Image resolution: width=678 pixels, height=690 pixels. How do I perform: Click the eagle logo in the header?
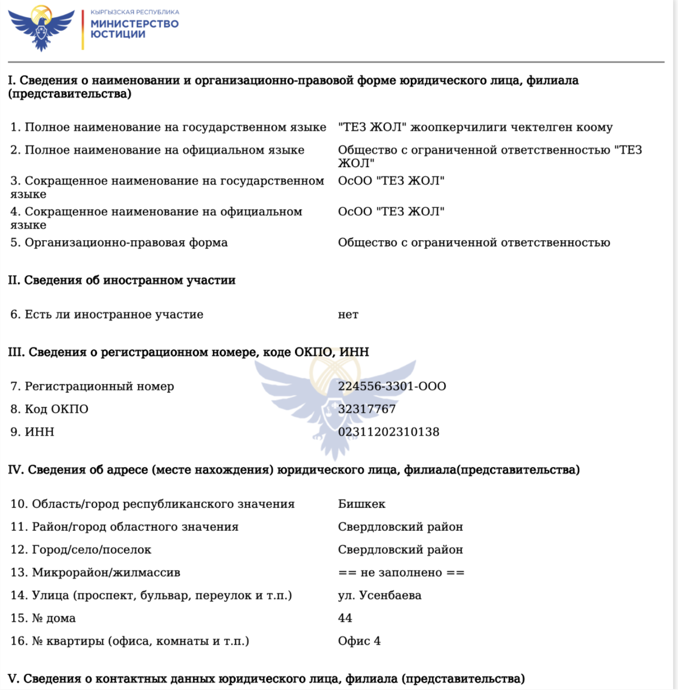coord(41,27)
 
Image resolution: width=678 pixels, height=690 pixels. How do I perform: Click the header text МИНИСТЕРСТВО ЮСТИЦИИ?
coord(135,29)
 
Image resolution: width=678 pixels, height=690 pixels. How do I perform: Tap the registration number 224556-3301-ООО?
coord(392,386)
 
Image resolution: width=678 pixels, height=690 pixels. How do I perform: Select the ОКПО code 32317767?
coord(366,409)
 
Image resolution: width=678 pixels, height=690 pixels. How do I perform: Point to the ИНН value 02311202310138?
coord(388,432)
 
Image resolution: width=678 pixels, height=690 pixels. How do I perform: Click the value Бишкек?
coord(361,504)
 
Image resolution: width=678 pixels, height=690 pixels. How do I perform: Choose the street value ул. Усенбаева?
coord(379,595)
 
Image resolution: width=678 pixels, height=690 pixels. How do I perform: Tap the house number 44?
coord(345,618)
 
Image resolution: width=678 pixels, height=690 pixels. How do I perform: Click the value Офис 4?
coord(359,641)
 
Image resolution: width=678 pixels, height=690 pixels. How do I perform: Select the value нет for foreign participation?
coord(348,314)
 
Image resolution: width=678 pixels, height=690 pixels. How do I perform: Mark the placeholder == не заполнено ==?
coord(401,572)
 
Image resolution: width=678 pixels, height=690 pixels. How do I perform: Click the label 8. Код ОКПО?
coord(49,409)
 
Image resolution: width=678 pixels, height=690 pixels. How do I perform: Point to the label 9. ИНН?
coord(32,432)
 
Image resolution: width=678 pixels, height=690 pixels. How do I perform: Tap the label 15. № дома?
coord(43,618)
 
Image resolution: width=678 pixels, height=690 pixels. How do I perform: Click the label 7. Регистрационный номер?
coord(92,386)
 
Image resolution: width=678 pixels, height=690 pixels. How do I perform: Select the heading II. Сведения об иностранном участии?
coord(122,280)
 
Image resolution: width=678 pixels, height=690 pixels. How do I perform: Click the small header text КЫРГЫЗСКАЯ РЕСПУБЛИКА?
coord(135,12)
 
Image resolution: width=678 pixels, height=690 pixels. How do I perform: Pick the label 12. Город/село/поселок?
coord(81,550)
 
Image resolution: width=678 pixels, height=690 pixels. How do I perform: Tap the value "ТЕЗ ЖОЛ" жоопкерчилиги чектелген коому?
coord(475,127)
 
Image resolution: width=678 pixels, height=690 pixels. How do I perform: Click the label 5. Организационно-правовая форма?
coord(119,243)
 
